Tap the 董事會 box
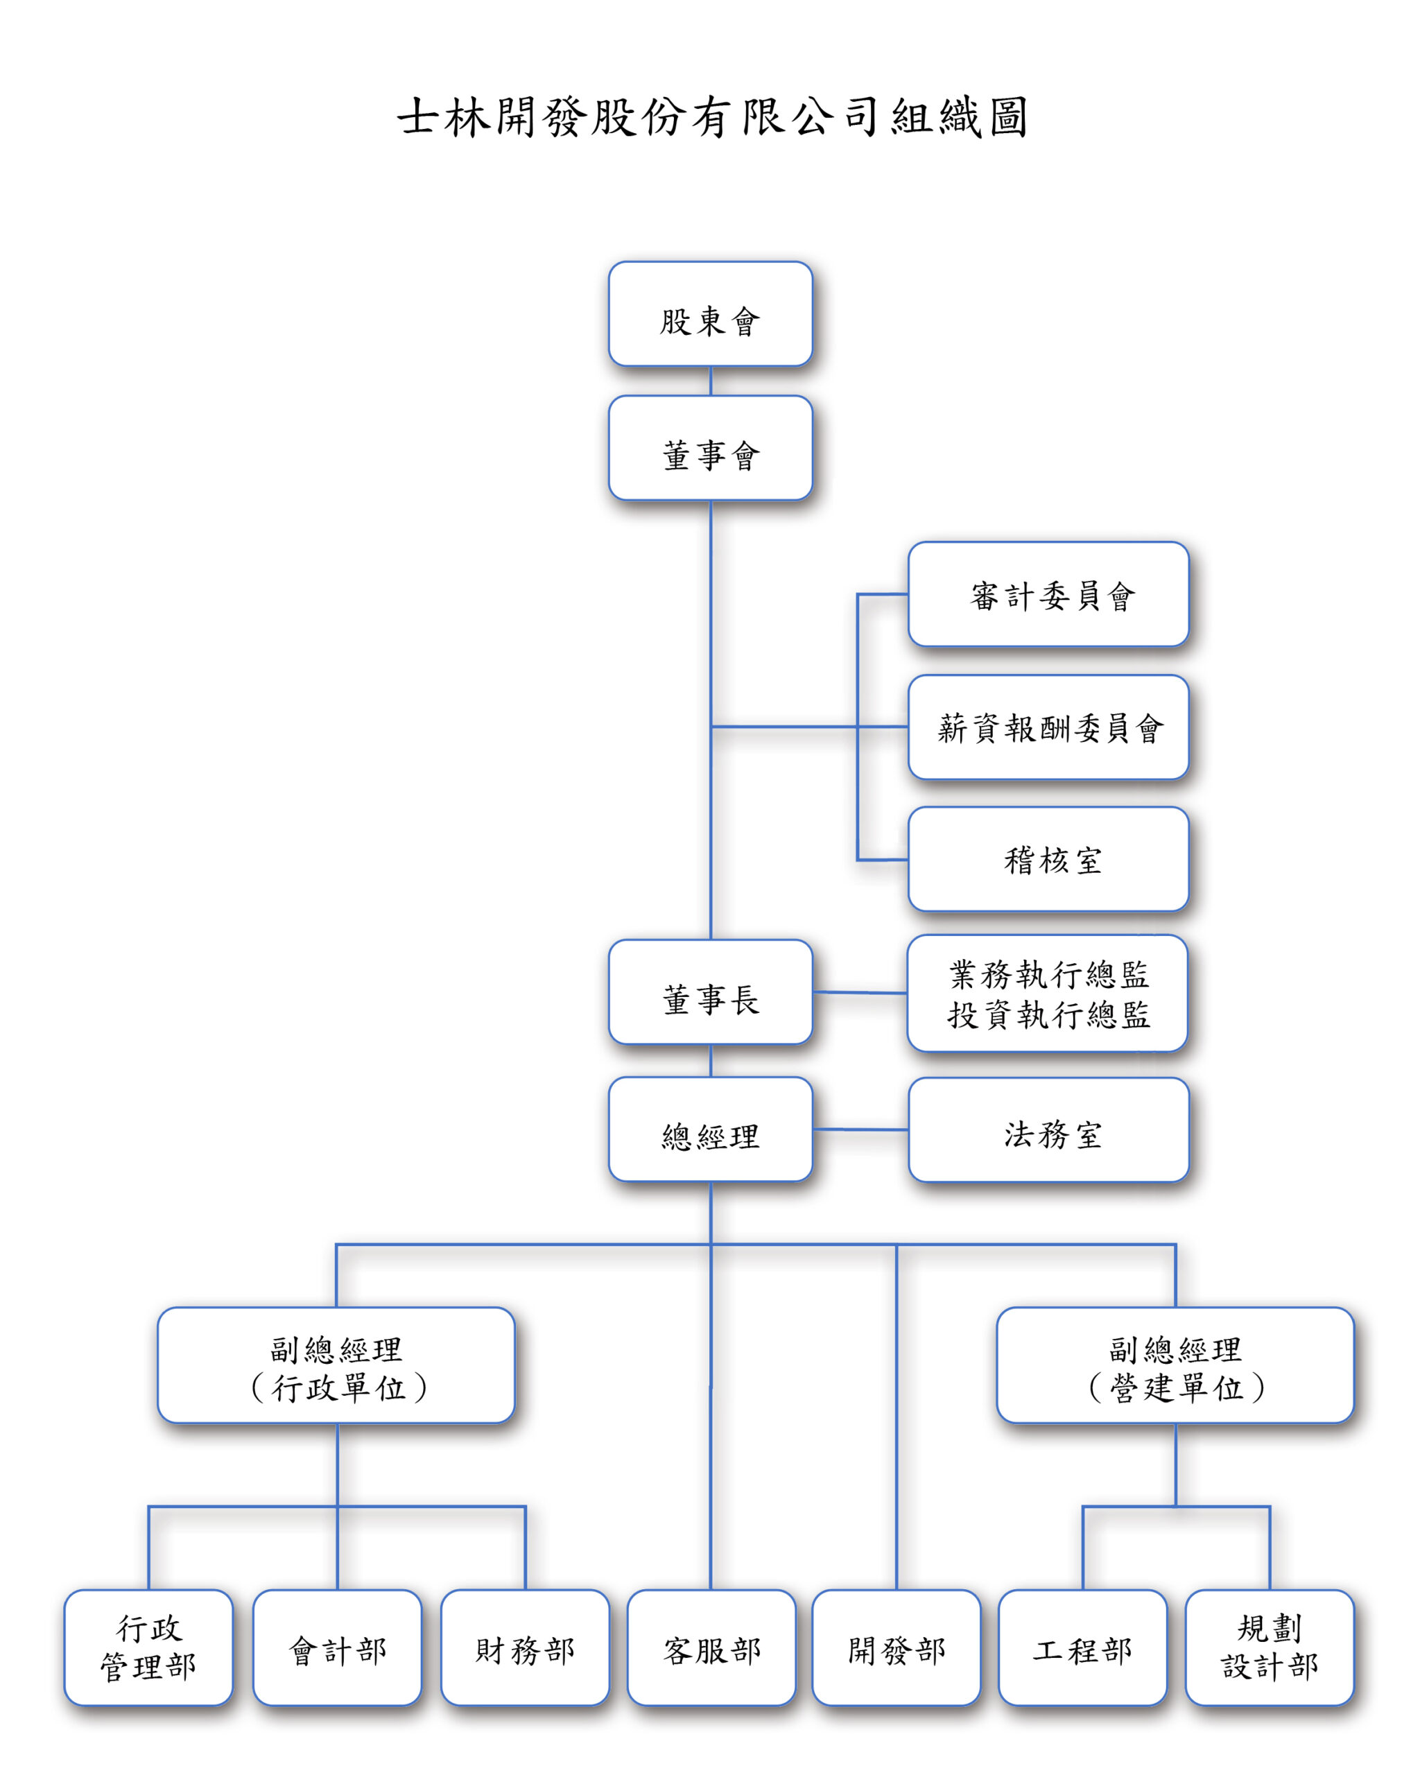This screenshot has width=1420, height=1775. point(711,448)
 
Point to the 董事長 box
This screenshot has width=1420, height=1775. point(711,992)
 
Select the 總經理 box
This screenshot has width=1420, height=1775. point(711,1129)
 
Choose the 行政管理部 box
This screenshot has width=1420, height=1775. point(148,1647)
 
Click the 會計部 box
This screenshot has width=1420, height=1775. point(337,1647)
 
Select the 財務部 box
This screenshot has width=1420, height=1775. point(524,1647)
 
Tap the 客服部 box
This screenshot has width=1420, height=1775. point(711,1647)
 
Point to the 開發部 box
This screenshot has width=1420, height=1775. point(896,1647)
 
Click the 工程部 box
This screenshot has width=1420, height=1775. point(1082,1647)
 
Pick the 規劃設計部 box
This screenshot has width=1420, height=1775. point(1270,1647)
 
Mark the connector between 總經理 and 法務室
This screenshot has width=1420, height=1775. point(860,1129)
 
